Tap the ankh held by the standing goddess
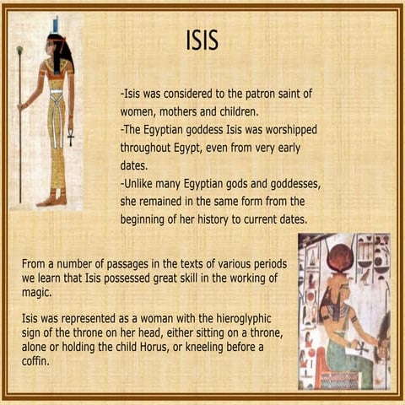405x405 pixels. (x=69, y=133)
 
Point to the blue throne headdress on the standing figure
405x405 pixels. (x=56, y=24)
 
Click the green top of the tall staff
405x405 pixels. (x=19, y=51)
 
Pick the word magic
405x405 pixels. (x=37, y=294)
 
